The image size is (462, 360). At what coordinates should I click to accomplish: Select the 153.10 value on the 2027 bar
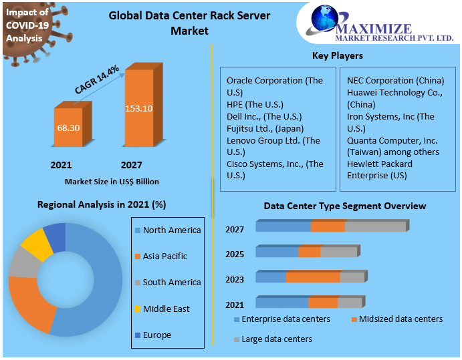[x=138, y=108]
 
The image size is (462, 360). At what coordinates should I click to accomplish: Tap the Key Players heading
[x=338, y=55]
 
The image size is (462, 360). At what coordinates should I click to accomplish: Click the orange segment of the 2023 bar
[x=313, y=277]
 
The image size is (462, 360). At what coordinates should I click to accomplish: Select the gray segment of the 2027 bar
[x=375, y=226]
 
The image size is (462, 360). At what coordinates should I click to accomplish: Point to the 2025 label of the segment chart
[x=235, y=254]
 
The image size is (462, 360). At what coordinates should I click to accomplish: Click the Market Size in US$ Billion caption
[x=112, y=181]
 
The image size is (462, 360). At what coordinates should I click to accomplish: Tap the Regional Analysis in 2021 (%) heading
[x=102, y=204]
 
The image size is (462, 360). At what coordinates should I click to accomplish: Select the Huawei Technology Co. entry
[x=394, y=93]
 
